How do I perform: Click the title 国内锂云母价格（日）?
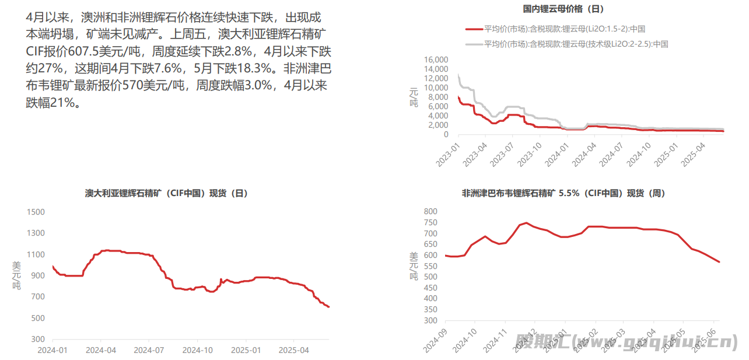(x=563, y=9)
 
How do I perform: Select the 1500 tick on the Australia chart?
(x=36, y=212)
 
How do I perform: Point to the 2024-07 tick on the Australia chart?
(x=149, y=350)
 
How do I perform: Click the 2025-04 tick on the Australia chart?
(x=294, y=350)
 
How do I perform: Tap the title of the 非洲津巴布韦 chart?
(x=563, y=193)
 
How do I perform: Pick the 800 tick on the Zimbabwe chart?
(x=430, y=211)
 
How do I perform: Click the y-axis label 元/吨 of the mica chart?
(x=414, y=96)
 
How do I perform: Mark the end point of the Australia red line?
(x=329, y=307)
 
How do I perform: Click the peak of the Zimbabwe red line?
(x=526, y=222)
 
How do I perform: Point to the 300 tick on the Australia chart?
(x=38, y=340)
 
